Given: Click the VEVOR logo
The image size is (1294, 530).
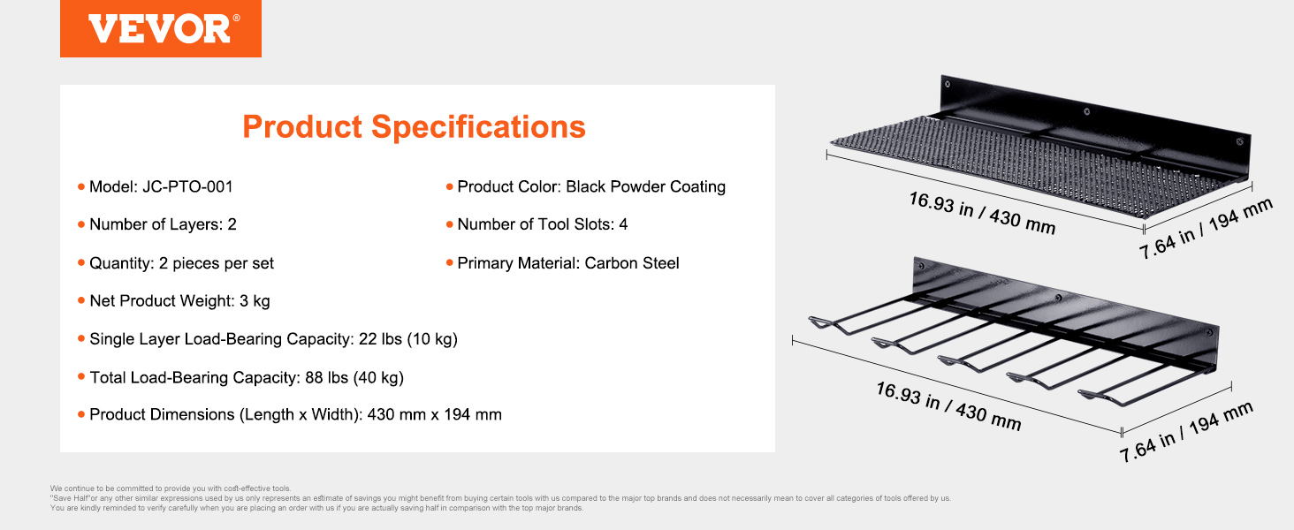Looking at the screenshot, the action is pos(161,28).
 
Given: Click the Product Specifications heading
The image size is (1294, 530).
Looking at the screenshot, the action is pos(414,127).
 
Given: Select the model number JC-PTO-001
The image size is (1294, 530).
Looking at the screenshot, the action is pos(187,187).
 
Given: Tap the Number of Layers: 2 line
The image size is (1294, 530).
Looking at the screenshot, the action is pos(163,224).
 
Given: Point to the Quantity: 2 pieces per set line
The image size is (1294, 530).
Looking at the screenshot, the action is pos(181,263).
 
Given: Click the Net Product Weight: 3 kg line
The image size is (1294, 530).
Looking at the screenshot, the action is pos(179,301).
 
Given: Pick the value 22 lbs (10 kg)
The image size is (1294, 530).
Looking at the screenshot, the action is pos(407,339).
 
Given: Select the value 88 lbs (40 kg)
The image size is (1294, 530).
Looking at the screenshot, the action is pos(354,377).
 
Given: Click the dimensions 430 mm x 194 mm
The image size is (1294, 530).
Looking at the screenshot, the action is pos(434,414).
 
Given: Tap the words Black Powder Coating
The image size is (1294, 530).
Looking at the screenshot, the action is pos(645,187).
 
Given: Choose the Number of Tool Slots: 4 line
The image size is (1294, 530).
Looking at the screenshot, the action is pos(543,224).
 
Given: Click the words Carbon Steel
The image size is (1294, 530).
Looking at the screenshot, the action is pos(631,263).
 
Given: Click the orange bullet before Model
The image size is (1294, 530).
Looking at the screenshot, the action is pos(81,187).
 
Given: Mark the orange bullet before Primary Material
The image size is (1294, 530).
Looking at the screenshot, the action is pos(449,263).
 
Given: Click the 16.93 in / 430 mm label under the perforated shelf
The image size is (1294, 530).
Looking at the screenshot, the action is pos(982,213).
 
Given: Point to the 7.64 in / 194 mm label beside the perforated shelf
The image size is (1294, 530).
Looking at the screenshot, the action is pos(1206,229).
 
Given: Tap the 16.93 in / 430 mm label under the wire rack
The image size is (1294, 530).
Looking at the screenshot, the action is pos(948,406).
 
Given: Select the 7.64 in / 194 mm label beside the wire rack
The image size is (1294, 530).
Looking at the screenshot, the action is pos(1186,432).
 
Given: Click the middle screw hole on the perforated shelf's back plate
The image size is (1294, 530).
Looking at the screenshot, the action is pos(1086,111).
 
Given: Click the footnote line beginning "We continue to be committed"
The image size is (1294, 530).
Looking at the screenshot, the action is pos(171,488).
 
